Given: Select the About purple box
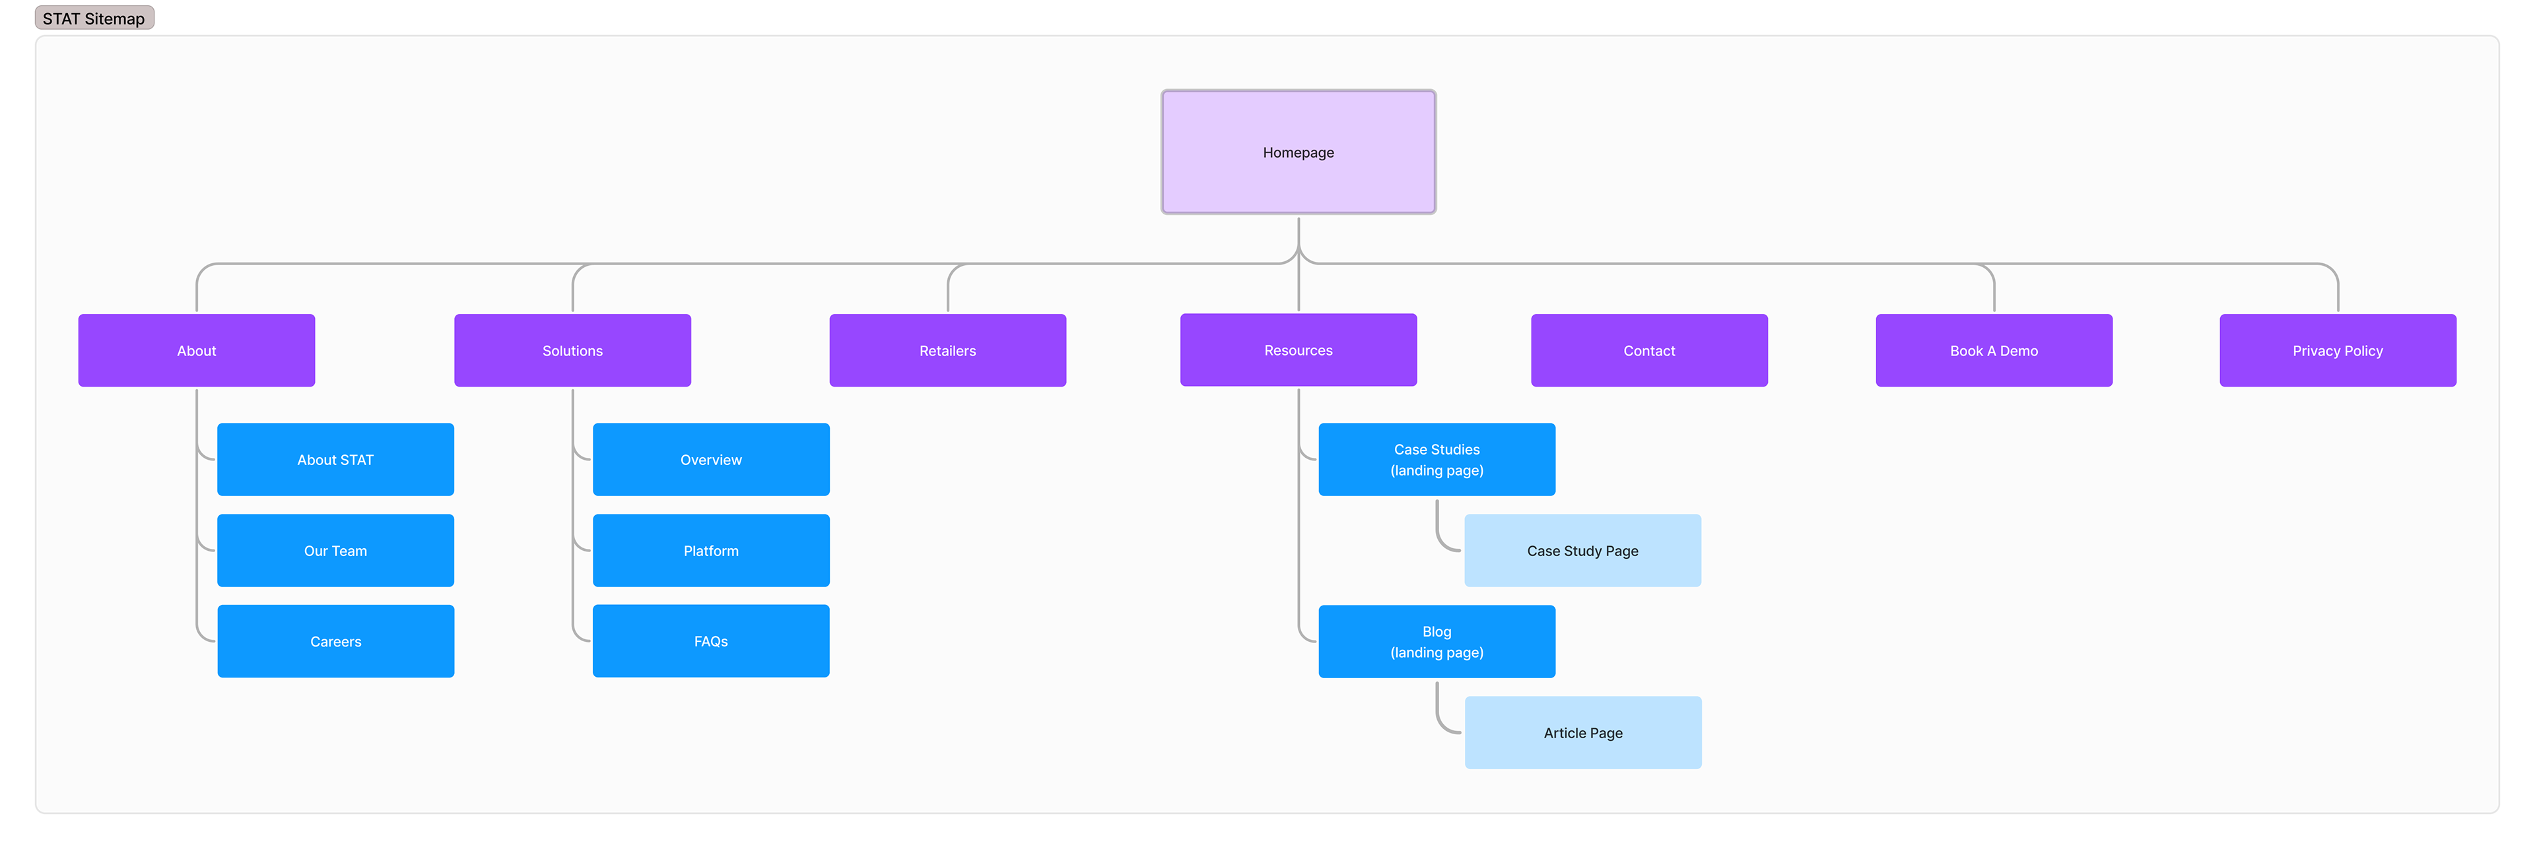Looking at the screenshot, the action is [x=197, y=350].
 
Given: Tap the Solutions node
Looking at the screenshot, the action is [x=573, y=350].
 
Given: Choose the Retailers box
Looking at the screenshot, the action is [x=948, y=350].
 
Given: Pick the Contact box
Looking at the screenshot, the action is [x=1649, y=350].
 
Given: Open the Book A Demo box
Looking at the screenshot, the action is [x=1994, y=350].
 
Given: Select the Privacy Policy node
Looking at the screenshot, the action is [x=2338, y=350].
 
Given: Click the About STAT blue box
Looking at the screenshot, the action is [x=335, y=459].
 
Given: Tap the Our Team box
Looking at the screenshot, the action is [x=335, y=551].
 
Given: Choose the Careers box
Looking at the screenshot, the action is [x=335, y=641].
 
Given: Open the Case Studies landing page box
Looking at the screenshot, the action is [x=1436, y=459].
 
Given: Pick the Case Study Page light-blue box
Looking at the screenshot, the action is [x=1582, y=551].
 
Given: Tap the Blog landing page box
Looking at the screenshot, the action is [x=1436, y=641].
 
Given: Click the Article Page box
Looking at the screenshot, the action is [x=1582, y=733].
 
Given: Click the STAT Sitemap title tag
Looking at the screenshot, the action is [x=94, y=18].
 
